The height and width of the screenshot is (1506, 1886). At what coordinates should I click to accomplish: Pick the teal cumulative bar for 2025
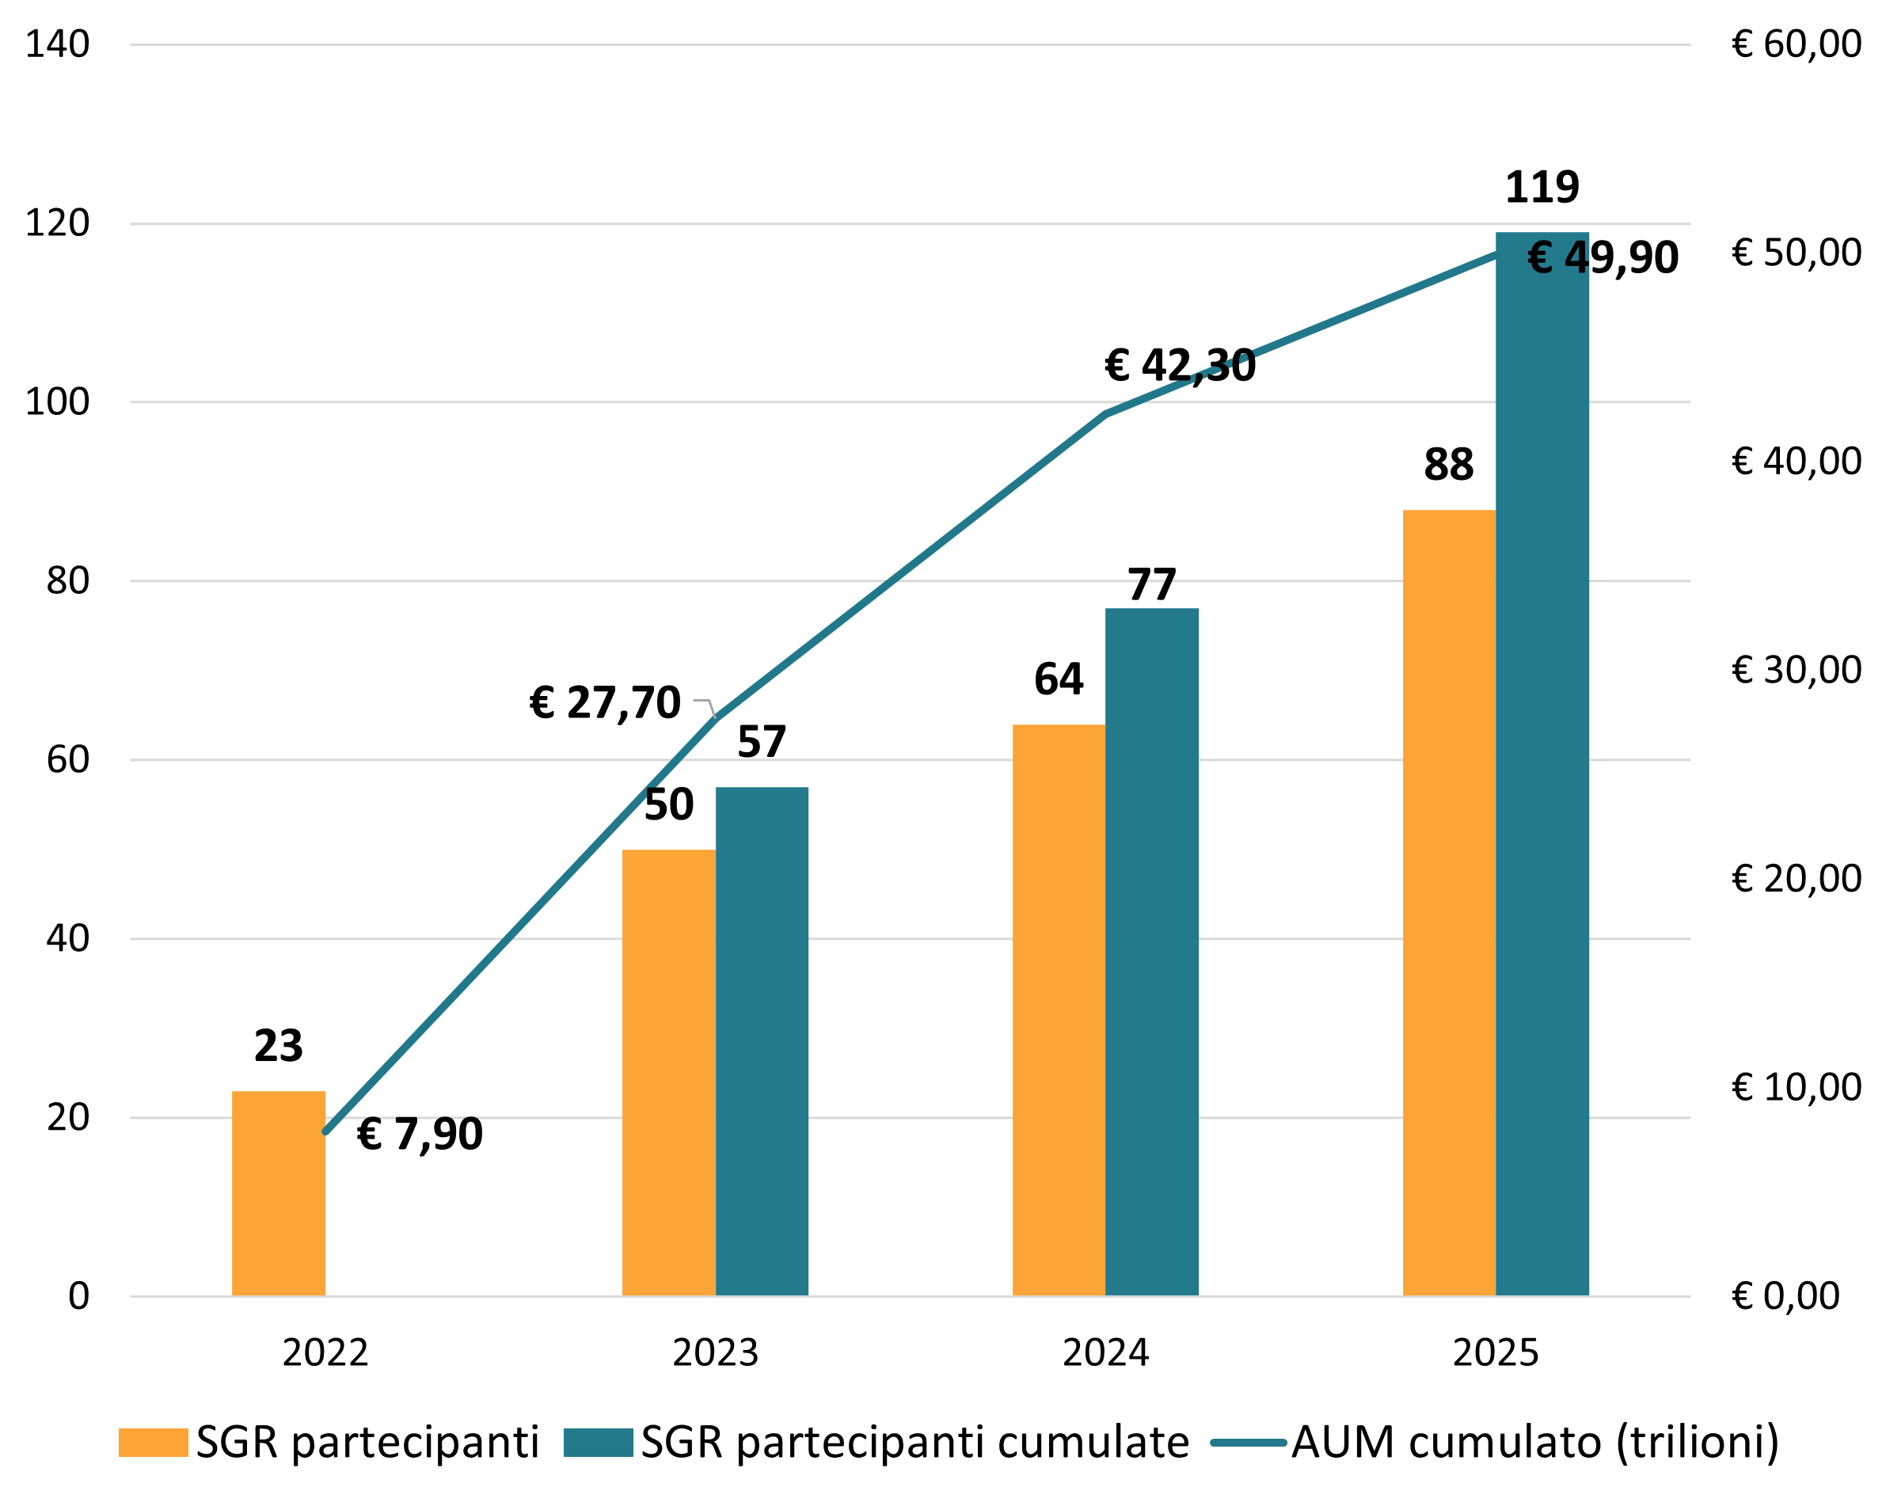[x=1542, y=787]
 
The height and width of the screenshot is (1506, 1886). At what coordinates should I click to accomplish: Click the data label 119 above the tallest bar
[x=1542, y=187]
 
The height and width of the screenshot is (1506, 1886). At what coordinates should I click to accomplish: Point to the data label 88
[x=1449, y=465]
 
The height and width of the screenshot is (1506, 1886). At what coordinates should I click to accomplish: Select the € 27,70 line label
[x=604, y=703]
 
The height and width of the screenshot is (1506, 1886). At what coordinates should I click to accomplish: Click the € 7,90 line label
[x=420, y=1135]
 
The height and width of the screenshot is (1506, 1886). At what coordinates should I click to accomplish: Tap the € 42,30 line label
[x=1180, y=366]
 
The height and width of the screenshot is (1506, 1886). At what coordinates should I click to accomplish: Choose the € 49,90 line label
[x=1603, y=258]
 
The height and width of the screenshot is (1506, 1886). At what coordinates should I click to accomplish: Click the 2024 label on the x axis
[x=1105, y=1353]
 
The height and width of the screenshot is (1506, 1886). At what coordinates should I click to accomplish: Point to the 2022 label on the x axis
[x=325, y=1353]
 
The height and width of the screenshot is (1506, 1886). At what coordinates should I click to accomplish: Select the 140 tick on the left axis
[x=57, y=44]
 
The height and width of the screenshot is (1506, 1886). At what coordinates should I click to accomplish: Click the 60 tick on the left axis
[x=67, y=759]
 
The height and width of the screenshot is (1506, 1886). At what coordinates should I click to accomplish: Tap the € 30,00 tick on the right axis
[x=1796, y=670]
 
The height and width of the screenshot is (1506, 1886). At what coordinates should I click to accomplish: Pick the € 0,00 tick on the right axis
[x=1785, y=1295]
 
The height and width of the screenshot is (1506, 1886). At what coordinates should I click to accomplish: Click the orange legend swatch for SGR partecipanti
[x=153, y=1442]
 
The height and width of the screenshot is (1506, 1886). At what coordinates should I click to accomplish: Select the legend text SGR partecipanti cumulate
[x=915, y=1442]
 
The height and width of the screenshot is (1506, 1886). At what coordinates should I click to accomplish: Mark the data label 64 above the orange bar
[x=1059, y=679]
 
